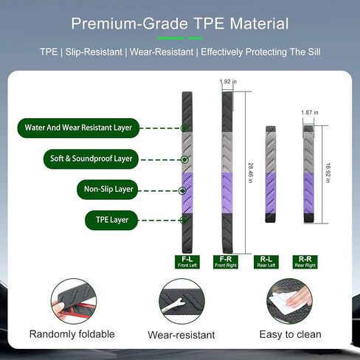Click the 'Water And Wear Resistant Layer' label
[78, 128]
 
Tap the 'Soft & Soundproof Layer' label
[91, 159]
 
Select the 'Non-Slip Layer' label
[108, 190]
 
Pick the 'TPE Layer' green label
[111, 220]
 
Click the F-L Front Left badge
[187, 262]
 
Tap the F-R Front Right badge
[226, 262]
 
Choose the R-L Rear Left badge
[266, 262]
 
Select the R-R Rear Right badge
[305, 262]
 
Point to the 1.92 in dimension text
[228, 81]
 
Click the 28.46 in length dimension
[250, 173]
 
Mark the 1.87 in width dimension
[310, 112]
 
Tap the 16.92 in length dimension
[328, 173]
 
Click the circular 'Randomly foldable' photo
[74, 301]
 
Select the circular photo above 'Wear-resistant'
[181, 301]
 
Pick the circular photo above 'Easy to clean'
[290, 301]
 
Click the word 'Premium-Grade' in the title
[129, 24]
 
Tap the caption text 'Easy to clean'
[290, 334]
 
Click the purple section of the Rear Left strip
[271, 193]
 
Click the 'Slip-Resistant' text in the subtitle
[94, 52]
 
